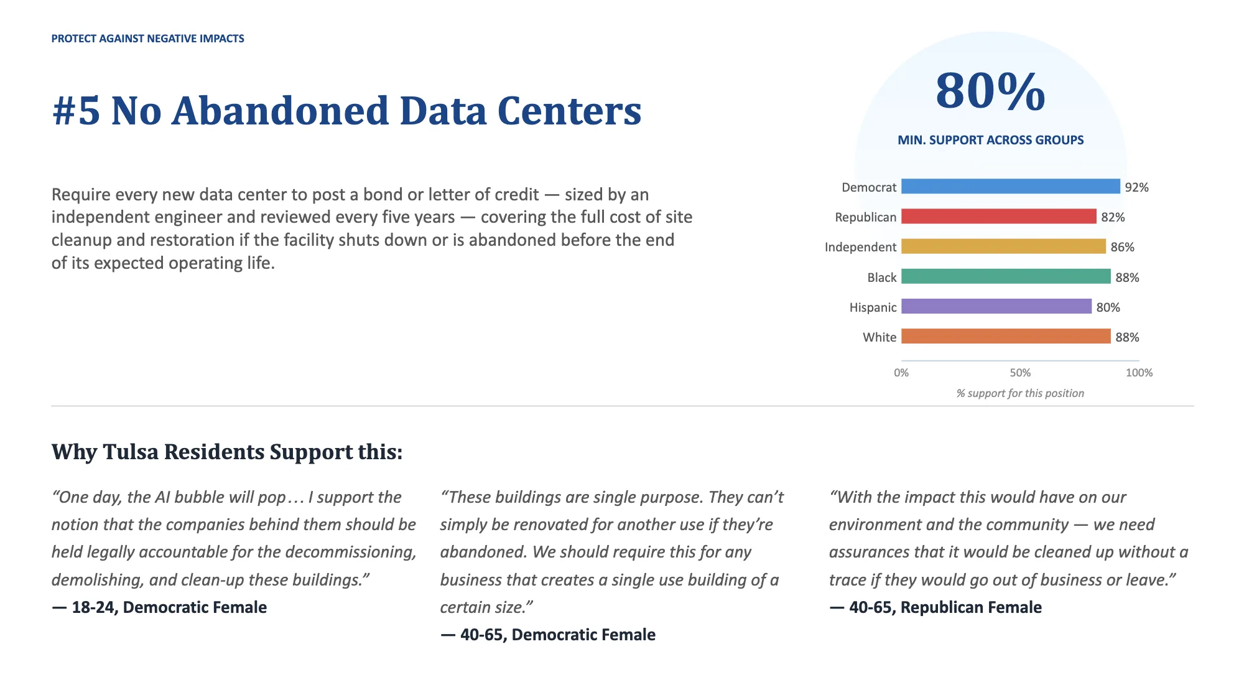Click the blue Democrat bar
1011,186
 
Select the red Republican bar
999,216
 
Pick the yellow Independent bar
1004,246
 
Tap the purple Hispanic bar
996,306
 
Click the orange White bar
1006,336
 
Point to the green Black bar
1006,276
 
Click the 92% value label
1136,187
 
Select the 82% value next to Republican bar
1113,217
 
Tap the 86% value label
1123,247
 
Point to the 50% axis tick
1020,373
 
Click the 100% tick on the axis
1139,373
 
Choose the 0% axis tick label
901,373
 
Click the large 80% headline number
990,91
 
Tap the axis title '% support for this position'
1020,393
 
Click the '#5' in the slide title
76,111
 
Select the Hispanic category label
873,307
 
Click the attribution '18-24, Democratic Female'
169,607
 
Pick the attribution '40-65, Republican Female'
945,607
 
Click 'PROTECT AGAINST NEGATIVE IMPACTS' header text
148,39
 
